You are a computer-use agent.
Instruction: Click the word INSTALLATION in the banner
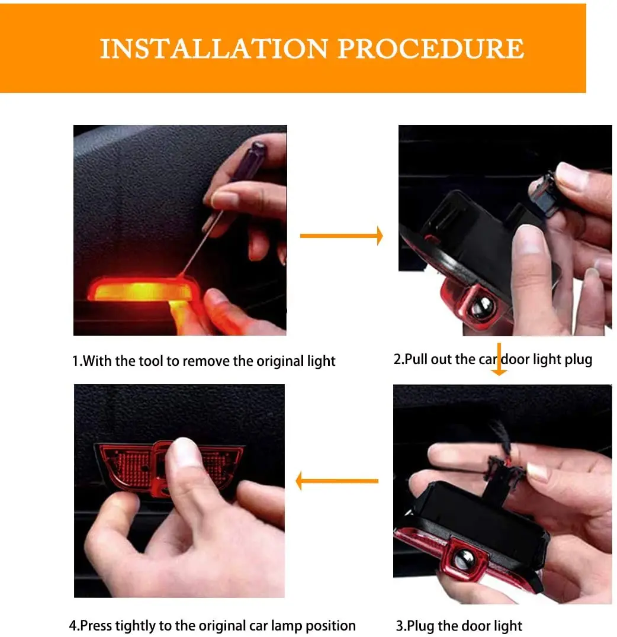click(214, 49)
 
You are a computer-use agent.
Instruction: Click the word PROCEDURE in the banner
click(431, 49)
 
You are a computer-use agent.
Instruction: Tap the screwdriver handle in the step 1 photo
click(249, 160)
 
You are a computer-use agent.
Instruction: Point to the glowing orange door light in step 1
click(141, 289)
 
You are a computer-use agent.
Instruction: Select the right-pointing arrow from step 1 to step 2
click(342, 236)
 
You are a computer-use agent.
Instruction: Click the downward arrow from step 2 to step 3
click(499, 359)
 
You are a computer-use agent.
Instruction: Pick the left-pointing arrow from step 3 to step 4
click(337, 481)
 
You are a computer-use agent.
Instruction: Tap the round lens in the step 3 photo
click(464, 561)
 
